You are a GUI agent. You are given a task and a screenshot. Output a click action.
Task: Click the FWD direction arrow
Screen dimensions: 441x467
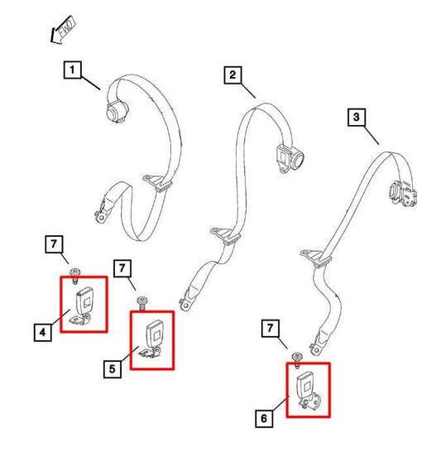coord(63,30)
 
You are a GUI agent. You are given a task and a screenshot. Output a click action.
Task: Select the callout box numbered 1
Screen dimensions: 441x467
coord(73,70)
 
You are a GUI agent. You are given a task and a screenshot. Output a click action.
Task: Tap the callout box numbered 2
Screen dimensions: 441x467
coord(232,75)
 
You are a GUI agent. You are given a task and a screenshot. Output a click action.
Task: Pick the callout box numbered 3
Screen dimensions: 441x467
coord(357,117)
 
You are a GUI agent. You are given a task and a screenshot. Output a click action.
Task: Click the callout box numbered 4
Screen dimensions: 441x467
coord(43,332)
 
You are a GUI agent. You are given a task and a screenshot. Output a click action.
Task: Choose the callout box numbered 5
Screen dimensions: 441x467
coord(113,369)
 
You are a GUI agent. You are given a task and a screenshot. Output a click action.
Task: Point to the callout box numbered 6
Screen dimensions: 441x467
coord(264,418)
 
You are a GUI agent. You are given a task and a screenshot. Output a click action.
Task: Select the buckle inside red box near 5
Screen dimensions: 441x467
coord(152,339)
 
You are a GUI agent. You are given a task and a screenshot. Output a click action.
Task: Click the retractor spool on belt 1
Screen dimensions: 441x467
coord(117,112)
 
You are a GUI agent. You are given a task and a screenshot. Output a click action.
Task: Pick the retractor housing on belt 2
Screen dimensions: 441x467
coord(290,158)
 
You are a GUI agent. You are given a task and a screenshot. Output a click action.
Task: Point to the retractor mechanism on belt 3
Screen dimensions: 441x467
coord(403,194)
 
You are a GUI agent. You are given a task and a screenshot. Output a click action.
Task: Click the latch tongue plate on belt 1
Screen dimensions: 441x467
coord(158,182)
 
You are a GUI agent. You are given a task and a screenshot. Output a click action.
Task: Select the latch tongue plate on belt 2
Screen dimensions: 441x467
coord(225,235)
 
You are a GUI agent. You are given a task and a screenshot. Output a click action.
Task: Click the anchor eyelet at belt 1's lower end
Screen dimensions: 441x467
coord(101,216)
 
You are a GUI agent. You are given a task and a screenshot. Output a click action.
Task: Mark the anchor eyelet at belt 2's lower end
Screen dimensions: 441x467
coord(185,305)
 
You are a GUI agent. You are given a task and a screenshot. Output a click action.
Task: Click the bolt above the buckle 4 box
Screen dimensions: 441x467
coord(74,276)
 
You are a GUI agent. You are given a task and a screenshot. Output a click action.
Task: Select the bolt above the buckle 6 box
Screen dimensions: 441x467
coord(297,359)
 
